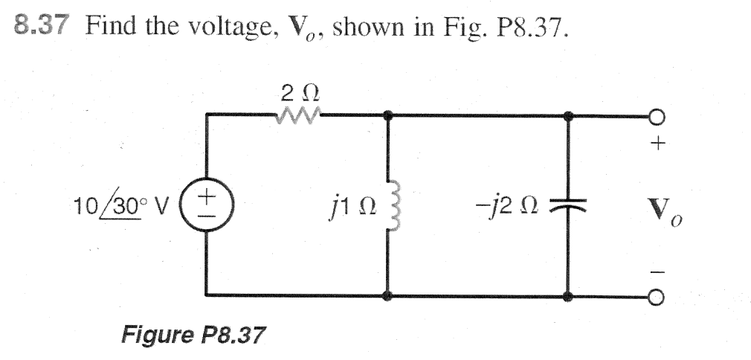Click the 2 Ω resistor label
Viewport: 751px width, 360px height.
[x=295, y=94]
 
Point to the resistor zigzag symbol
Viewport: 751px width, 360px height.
[x=296, y=115]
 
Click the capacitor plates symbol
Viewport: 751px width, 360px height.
[x=570, y=205]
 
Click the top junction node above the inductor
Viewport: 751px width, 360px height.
[x=387, y=115]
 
